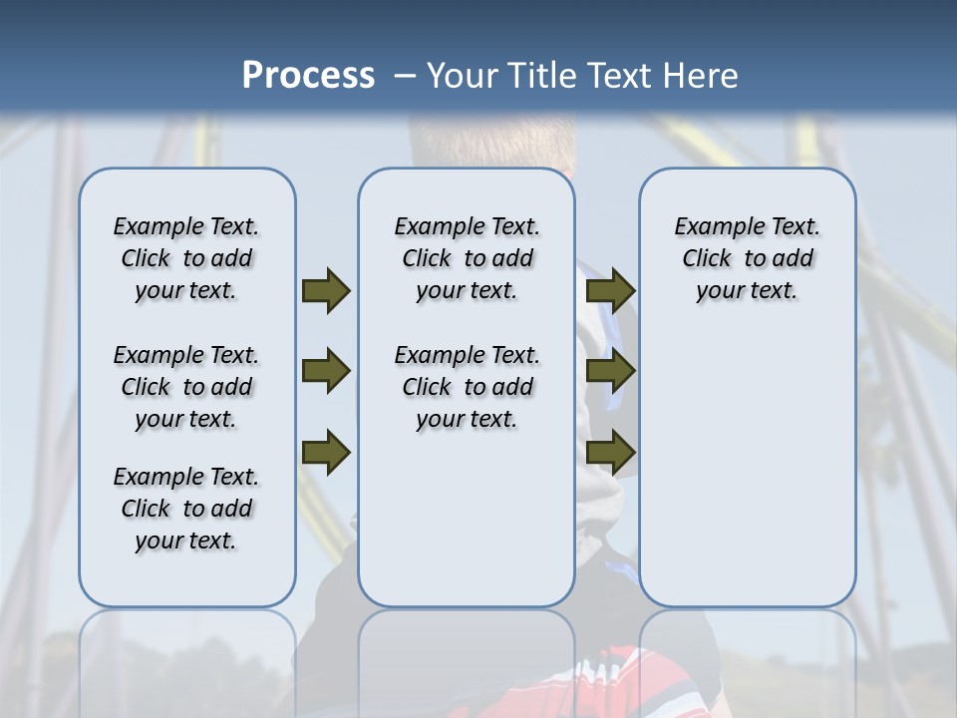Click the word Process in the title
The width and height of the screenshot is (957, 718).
pyautogui.click(x=308, y=76)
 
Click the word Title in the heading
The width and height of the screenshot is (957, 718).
pyautogui.click(x=538, y=76)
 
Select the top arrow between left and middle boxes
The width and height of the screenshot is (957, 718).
pyautogui.click(x=326, y=290)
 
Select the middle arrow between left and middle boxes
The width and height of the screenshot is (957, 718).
pyautogui.click(x=326, y=372)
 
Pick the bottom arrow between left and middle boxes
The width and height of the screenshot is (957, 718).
pyautogui.click(x=326, y=453)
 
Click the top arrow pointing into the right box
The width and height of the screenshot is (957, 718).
pyautogui.click(x=611, y=290)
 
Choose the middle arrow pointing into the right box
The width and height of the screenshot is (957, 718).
pyautogui.click(x=611, y=372)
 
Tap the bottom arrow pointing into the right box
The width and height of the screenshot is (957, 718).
pyautogui.click(x=611, y=453)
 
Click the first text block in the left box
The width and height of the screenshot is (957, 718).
pyautogui.click(x=186, y=258)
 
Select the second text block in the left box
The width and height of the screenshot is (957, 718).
pyautogui.click(x=186, y=387)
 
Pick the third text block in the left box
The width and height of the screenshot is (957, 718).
pyautogui.click(x=186, y=509)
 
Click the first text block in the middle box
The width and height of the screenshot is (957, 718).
pyautogui.click(x=467, y=258)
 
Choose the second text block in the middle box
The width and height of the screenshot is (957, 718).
pyautogui.click(x=467, y=387)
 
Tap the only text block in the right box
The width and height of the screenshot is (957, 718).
pyautogui.click(x=747, y=258)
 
